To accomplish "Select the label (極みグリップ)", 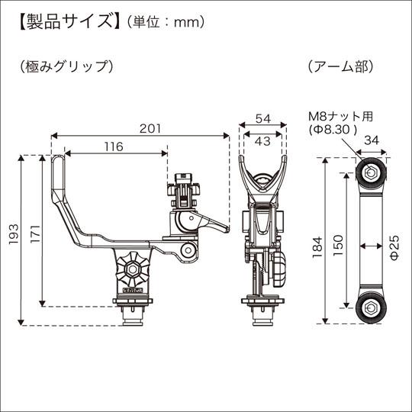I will pyautogui.click(x=67, y=66).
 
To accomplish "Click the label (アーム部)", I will pyautogui.click(x=340, y=66).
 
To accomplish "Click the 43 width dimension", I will pyautogui.click(x=262, y=141).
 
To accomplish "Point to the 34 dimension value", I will pyautogui.click(x=373, y=140).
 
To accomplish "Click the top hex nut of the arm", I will pyautogui.click(x=371, y=172).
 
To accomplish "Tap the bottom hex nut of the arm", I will pyautogui.click(x=371, y=310).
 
